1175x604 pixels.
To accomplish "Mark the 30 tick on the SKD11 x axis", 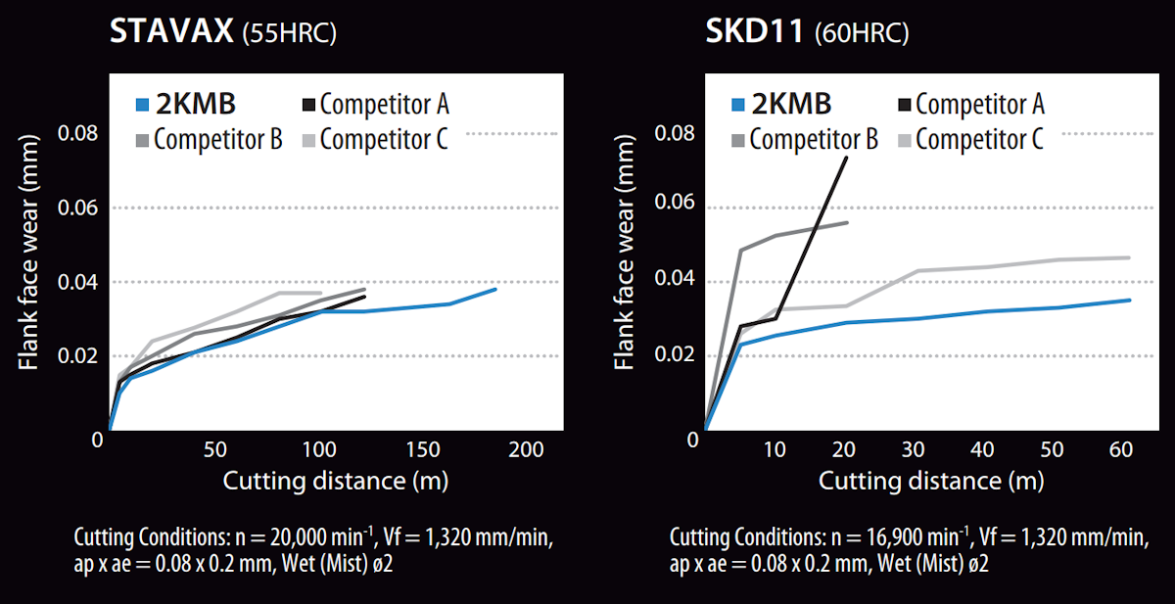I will [914, 449].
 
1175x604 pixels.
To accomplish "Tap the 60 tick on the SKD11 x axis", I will [1122, 449].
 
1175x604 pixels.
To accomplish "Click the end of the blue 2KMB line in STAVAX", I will [495, 289].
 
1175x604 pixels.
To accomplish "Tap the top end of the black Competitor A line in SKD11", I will [846, 158].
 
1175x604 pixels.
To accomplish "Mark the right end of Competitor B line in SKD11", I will [847, 223].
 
